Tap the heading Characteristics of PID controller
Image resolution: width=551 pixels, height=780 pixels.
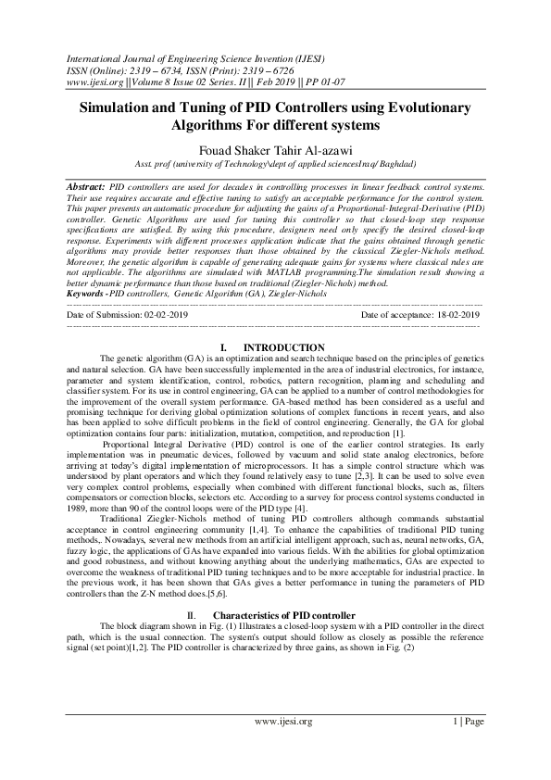(284, 615)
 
